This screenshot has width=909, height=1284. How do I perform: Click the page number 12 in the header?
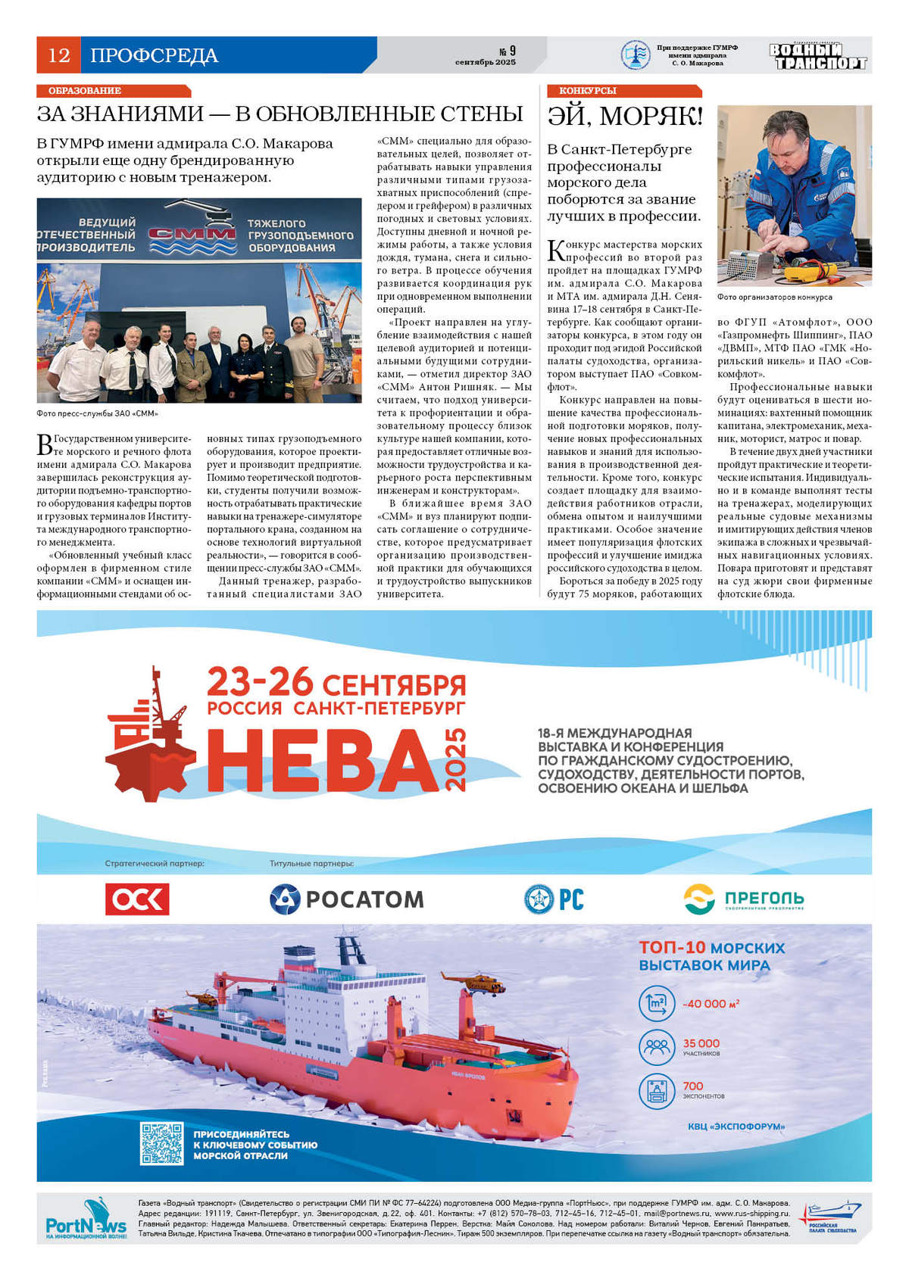[x=58, y=55]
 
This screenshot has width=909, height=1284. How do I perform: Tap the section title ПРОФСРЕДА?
[x=154, y=55]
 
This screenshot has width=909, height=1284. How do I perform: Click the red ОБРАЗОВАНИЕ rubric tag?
[x=85, y=91]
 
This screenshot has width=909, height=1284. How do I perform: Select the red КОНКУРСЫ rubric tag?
[x=587, y=91]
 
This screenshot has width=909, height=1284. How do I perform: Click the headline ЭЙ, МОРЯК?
[x=625, y=117]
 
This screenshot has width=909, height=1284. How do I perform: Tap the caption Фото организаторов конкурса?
[x=774, y=298]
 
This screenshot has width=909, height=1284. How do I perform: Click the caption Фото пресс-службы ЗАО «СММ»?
[x=97, y=413]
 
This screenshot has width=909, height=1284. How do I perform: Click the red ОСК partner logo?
[x=137, y=899]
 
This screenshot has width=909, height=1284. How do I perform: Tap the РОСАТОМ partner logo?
[x=347, y=899]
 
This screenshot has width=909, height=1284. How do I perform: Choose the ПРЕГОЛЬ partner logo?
[x=743, y=899]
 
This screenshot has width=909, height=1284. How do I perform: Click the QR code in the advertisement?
[x=161, y=1143]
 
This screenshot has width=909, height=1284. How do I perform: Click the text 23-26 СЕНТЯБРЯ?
[x=336, y=684]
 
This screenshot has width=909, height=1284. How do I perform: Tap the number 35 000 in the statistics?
[x=701, y=1043]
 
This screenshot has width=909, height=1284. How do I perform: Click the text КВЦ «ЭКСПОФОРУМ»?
[x=736, y=1127]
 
